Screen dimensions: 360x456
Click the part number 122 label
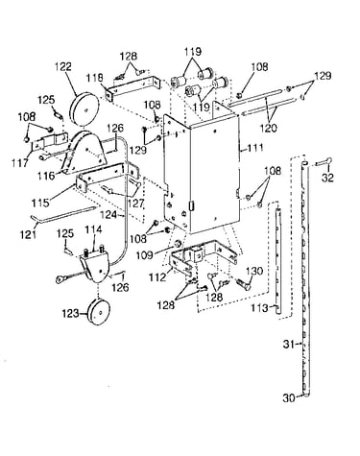coord(63,67)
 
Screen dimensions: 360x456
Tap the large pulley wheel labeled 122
coord(84,108)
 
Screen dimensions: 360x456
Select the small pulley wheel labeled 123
coord(98,312)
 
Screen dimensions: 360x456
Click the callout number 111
coord(254,148)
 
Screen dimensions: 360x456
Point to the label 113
coord(259,308)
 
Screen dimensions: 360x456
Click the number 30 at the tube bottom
coord(290,398)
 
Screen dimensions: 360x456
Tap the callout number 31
coord(289,345)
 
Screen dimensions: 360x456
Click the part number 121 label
coord(29,234)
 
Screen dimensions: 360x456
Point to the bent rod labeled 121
coord(63,213)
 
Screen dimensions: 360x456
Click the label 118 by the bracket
coord(94,78)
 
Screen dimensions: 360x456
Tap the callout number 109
coord(145,255)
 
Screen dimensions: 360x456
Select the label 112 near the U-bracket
coord(157,277)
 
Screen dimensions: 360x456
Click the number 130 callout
coord(254,272)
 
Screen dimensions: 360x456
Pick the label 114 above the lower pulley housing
coord(93,229)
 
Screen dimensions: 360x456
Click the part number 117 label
coord(20,163)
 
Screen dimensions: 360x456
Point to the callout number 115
coord(40,203)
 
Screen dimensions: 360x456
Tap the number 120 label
coord(268,128)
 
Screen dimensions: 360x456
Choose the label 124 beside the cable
coord(108,214)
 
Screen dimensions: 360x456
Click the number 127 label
coord(135,204)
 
